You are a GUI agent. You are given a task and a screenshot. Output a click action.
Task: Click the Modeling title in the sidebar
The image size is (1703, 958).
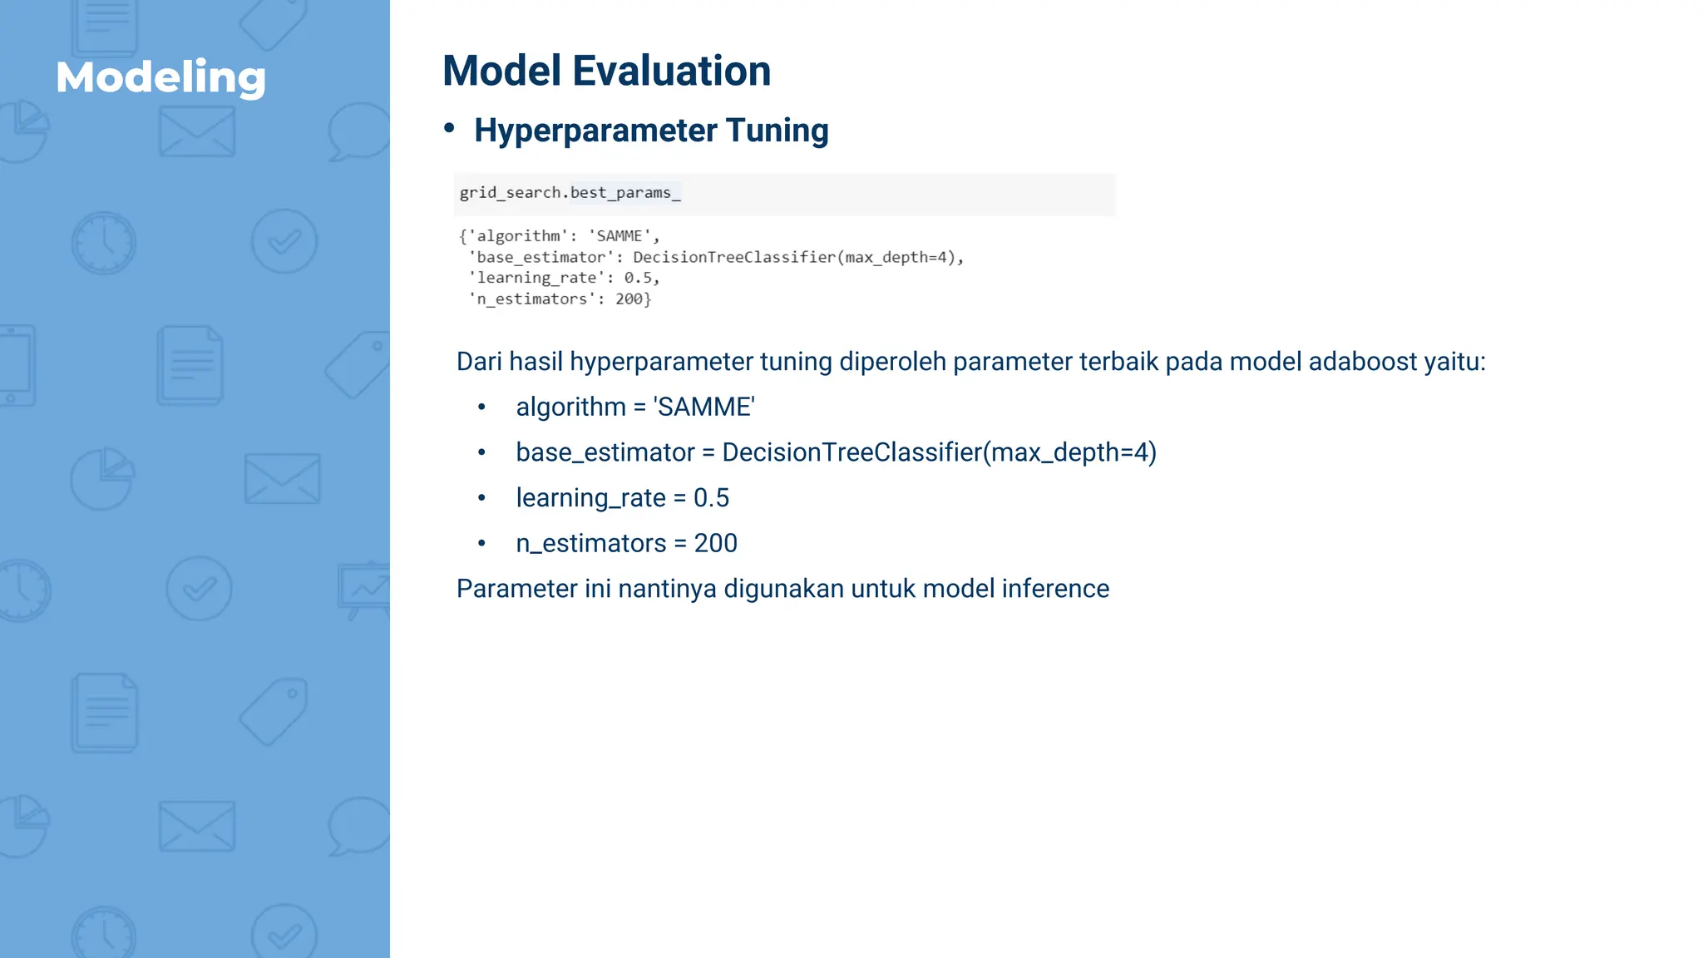click(x=160, y=77)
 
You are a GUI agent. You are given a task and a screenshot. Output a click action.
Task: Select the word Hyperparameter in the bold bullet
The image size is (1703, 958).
click(x=595, y=131)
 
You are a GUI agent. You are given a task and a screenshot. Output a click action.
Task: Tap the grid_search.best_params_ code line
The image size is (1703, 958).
click(x=570, y=193)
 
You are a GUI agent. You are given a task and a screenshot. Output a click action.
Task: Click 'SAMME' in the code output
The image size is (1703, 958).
click(x=619, y=236)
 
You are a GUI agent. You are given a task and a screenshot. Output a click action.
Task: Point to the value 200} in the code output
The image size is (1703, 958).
click(x=633, y=299)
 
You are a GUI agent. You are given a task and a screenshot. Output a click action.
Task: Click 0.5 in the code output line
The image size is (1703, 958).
click(x=638, y=278)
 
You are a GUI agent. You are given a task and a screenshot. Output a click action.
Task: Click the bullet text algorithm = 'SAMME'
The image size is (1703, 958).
click(x=635, y=407)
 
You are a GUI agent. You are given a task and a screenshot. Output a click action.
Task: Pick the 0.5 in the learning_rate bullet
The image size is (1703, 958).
click(x=711, y=497)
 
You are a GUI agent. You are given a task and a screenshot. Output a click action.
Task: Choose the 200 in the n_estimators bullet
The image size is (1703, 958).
click(x=715, y=543)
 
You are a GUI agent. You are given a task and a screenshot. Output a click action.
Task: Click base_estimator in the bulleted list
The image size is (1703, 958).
click(x=605, y=452)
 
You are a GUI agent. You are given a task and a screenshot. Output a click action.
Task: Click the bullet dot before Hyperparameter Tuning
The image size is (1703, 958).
click(x=449, y=128)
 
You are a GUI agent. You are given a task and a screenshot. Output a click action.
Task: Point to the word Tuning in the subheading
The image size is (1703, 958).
click(x=777, y=131)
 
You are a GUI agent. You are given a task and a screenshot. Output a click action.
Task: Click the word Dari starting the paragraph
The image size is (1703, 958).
click(x=479, y=362)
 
